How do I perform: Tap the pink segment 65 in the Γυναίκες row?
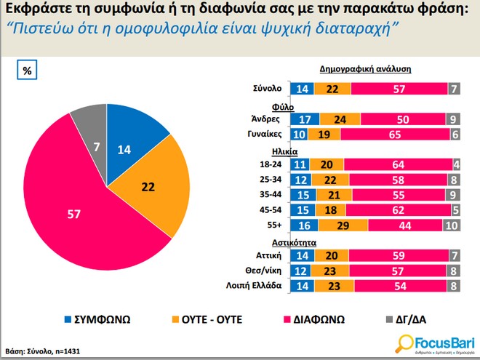[x=394, y=134]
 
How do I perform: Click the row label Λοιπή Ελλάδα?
[x=255, y=285]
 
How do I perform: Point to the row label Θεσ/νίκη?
[x=264, y=271]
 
